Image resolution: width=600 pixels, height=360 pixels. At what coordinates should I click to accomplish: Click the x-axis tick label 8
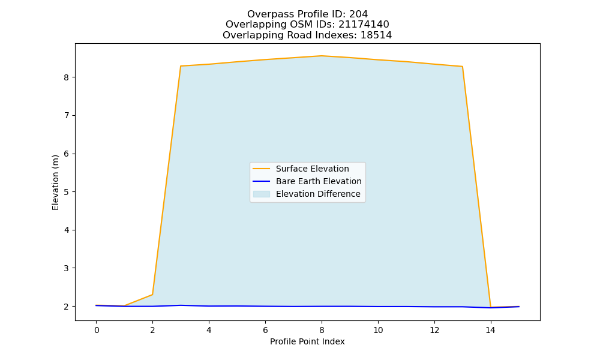pos(322,330)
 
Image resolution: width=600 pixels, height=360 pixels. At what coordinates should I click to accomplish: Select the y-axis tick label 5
pos(67,192)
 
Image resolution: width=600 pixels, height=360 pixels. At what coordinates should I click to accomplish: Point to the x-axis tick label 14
pos(491,330)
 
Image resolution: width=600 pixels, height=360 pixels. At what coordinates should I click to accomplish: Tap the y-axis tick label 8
pos(67,77)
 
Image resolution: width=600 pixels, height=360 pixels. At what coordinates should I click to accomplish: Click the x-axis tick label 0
pos(97,330)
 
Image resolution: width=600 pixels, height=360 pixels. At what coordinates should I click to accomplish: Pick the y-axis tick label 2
pos(67,307)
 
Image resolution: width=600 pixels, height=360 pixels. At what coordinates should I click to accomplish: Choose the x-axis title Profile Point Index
pos(307,341)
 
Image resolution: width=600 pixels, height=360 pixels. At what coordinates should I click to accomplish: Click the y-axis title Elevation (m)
pos(55,182)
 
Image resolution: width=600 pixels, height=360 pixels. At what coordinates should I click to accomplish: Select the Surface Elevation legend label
pos(312,169)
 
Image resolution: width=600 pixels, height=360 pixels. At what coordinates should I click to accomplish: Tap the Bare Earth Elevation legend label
pos(319,181)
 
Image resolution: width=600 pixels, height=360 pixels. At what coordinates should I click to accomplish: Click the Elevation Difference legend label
pos(318,194)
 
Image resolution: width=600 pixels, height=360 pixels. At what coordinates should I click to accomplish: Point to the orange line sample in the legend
pos(262,169)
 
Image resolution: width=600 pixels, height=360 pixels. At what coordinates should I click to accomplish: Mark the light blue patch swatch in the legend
pos(262,194)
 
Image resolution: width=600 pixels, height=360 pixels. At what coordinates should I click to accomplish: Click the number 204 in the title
pos(358,14)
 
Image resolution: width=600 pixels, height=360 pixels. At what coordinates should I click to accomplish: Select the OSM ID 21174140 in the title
pos(364,25)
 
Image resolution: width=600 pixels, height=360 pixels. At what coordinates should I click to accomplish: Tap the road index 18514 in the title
pos(376,35)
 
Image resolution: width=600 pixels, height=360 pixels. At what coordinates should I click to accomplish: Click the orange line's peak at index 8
pos(322,56)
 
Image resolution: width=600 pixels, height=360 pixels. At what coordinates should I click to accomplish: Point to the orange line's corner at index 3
pos(181,66)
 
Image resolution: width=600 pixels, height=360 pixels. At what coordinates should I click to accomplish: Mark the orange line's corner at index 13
pos(462,67)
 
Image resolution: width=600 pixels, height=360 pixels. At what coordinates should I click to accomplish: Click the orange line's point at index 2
pos(152,295)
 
